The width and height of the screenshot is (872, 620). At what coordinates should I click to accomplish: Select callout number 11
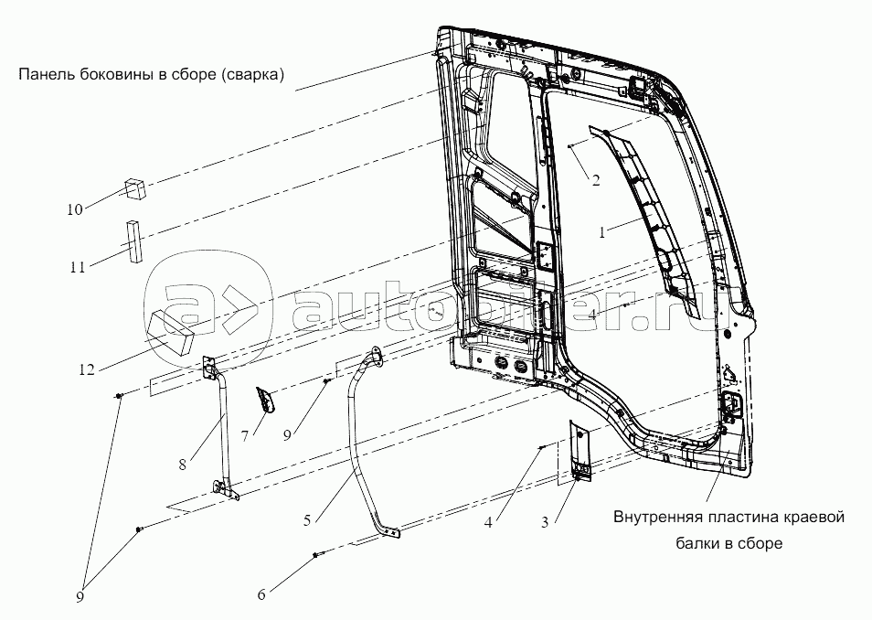point(77,268)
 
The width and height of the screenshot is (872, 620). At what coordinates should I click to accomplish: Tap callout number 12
point(85,370)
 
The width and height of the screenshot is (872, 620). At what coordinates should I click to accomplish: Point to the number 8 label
point(183,464)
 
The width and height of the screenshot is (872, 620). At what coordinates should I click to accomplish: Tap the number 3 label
point(545,522)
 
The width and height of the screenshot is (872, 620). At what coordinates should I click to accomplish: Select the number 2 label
point(595,180)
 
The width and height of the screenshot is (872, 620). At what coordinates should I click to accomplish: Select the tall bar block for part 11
point(134,241)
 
